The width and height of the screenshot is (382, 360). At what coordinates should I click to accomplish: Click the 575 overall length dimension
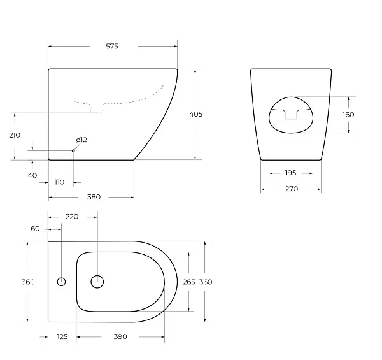pos(112,46)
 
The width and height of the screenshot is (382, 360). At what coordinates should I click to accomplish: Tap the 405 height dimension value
pos(195,114)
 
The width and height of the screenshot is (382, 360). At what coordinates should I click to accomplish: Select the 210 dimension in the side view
pos(15,135)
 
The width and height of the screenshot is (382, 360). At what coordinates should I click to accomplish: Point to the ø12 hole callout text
pos(81,140)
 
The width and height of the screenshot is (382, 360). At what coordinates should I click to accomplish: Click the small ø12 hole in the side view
pos(73,151)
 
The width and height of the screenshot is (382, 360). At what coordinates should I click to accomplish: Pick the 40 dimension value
pos(32,175)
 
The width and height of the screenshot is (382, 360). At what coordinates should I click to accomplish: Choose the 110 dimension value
pos(59,182)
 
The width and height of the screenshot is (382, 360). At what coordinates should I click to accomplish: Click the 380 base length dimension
pos(94,197)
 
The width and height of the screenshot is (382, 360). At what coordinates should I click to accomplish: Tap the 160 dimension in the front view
pos(348,115)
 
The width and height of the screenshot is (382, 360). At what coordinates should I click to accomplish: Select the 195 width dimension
pos(291,173)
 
